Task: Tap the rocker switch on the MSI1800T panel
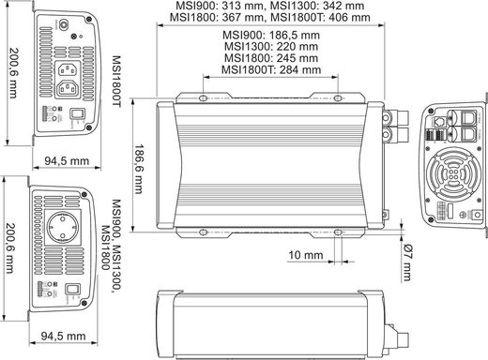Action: tap(77, 118)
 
